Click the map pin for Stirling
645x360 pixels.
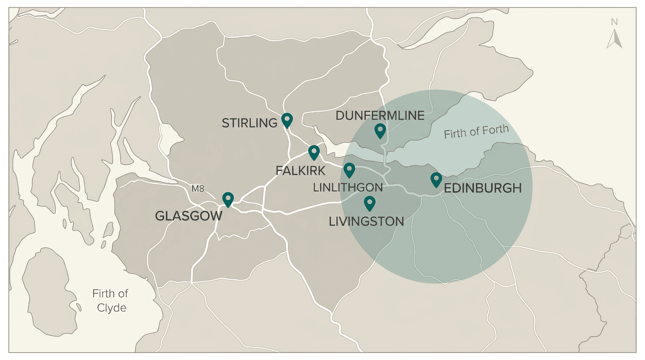pyautogui.click(x=287, y=120)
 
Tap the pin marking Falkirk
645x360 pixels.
pyautogui.click(x=314, y=152)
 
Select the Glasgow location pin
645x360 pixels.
pyautogui.click(x=228, y=199)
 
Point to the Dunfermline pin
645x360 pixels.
pyautogui.click(x=380, y=130)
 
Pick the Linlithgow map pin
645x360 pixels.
pyautogui.click(x=349, y=170)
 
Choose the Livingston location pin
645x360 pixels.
pyautogui.click(x=369, y=203)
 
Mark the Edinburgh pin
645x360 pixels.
pyautogui.click(x=436, y=179)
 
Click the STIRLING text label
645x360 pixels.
pyautogui.click(x=249, y=123)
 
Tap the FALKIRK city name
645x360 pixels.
pyautogui.click(x=300, y=171)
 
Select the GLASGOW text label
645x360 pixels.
pyautogui.click(x=188, y=216)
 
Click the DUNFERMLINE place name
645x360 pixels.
pyautogui.click(x=380, y=115)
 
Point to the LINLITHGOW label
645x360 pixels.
pyautogui.click(x=348, y=188)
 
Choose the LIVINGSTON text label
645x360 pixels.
pyautogui.click(x=366, y=222)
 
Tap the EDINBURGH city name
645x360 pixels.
pyautogui.click(x=482, y=188)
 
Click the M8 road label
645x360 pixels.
pyautogui.click(x=198, y=189)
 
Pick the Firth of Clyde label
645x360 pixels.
pyautogui.click(x=110, y=300)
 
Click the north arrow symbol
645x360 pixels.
pyautogui.click(x=614, y=39)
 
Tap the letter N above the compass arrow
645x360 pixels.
pyautogui.click(x=614, y=22)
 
